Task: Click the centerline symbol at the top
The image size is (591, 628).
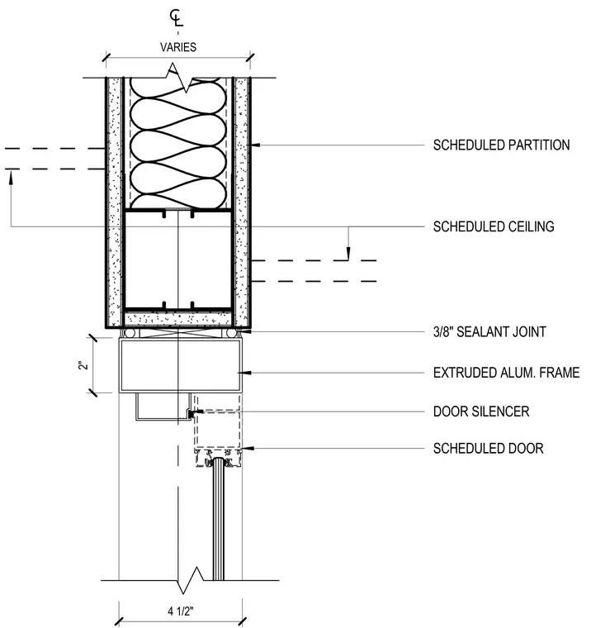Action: (x=176, y=18)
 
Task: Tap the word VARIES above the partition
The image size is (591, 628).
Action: (x=178, y=47)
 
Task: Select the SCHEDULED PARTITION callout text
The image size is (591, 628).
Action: (x=501, y=145)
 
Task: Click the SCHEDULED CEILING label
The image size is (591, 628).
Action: (x=494, y=226)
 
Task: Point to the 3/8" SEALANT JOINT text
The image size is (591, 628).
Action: (x=489, y=331)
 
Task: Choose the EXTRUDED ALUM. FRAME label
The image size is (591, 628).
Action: (x=506, y=373)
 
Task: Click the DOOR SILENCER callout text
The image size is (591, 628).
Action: (x=481, y=412)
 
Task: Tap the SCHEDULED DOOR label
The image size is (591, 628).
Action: (x=488, y=448)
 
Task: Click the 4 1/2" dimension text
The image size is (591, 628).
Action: (x=181, y=611)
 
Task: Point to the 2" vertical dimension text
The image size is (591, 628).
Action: (x=83, y=365)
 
